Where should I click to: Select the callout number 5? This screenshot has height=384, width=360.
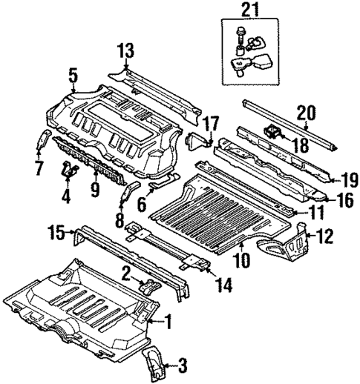72,75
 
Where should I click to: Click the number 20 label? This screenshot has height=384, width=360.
307,113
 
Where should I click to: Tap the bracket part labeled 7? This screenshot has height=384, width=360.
43,140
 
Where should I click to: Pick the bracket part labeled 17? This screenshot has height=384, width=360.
199,141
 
